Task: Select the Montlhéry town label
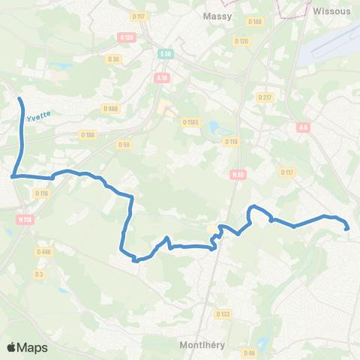(205, 345)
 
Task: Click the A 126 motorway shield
(125, 37)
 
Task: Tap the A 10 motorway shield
(162, 77)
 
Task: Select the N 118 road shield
(25, 219)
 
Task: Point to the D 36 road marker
(114, 58)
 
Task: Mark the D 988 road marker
(111, 108)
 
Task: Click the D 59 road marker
(124, 144)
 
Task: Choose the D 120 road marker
(241, 40)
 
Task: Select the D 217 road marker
(265, 97)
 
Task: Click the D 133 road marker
(223, 314)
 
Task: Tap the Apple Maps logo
(27, 347)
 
